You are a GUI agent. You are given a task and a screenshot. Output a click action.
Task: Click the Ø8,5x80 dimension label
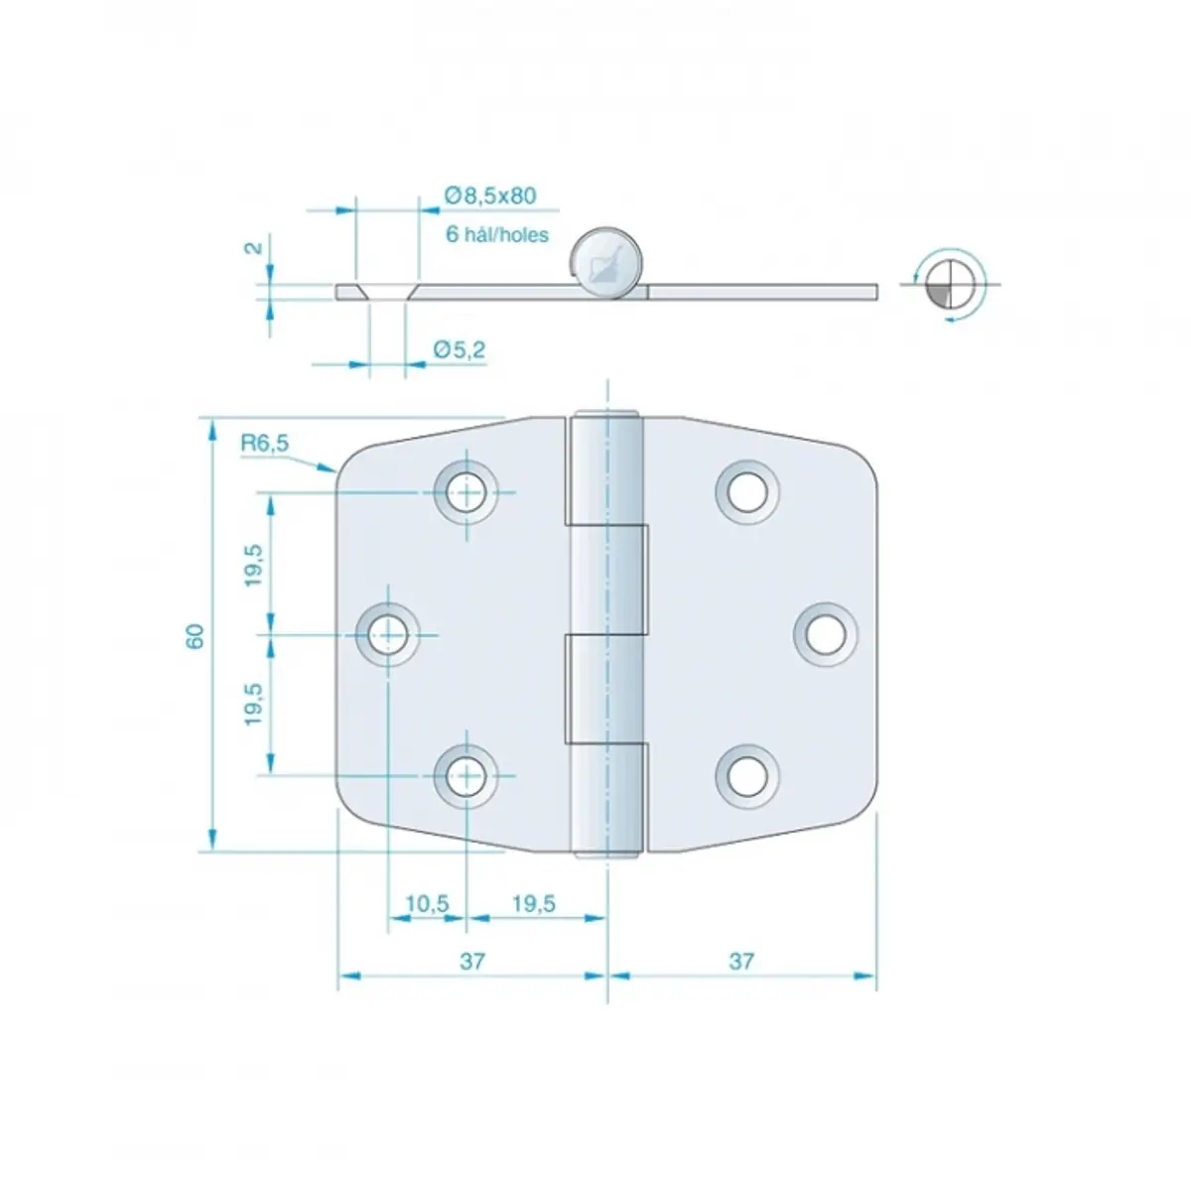point(490,196)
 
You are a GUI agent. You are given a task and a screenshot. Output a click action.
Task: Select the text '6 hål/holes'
point(497,235)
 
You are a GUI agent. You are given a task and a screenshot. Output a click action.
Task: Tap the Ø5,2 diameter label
point(460,350)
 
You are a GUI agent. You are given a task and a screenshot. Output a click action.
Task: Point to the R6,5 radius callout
point(265,443)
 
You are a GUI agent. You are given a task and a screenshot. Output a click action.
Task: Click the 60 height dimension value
point(196,636)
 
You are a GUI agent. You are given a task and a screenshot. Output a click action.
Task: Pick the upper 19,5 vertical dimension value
point(253,565)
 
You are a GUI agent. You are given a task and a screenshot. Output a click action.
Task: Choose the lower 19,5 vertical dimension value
point(253,704)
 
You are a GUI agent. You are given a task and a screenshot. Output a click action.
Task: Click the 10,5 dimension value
point(427,904)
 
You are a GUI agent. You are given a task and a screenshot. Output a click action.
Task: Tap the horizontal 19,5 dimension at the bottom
point(534,904)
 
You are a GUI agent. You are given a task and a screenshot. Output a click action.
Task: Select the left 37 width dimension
point(472,961)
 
